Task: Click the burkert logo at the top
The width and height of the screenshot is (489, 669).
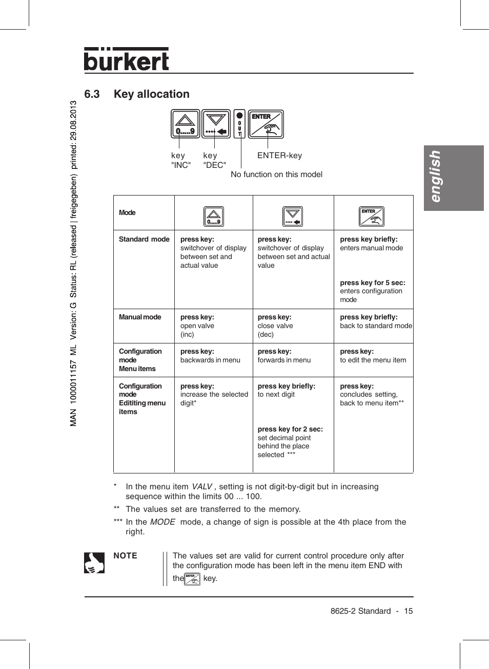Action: [x=126, y=60]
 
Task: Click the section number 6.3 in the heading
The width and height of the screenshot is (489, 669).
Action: [x=92, y=94]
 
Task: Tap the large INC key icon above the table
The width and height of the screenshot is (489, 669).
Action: [x=185, y=124]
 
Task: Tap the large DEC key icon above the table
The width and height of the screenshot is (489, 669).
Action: [x=216, y=124]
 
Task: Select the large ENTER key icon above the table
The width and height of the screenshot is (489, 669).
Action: [x=266, y=124]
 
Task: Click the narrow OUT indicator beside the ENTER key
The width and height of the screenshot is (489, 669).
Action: [x=239, y=124]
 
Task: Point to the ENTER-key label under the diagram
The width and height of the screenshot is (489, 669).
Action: [x=279, y=156]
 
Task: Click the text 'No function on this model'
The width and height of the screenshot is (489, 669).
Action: [x=276, y=175]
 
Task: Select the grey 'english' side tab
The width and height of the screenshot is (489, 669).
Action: [x=454, y=178]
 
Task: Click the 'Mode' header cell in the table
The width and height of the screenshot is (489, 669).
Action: [x=127, y=213]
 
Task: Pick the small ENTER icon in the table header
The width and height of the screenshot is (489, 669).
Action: [x=371, y=217]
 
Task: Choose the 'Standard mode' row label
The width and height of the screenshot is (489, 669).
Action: [x=144, y=239]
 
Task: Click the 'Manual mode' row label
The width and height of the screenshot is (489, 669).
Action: [x=140, y=317]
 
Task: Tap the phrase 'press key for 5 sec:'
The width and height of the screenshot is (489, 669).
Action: [x=372, y=283]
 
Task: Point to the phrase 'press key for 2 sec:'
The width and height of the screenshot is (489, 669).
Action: [x=290, y=429]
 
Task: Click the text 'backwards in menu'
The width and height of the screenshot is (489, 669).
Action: [x=210, y=360]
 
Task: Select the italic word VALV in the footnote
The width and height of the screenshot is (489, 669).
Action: [x=201, y=487]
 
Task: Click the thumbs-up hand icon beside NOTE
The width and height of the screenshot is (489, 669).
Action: [x=94, y=563]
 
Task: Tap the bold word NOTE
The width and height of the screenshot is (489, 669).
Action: [x=125, y=556]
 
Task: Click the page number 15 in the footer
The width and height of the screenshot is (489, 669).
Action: [x=408, y=611]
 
